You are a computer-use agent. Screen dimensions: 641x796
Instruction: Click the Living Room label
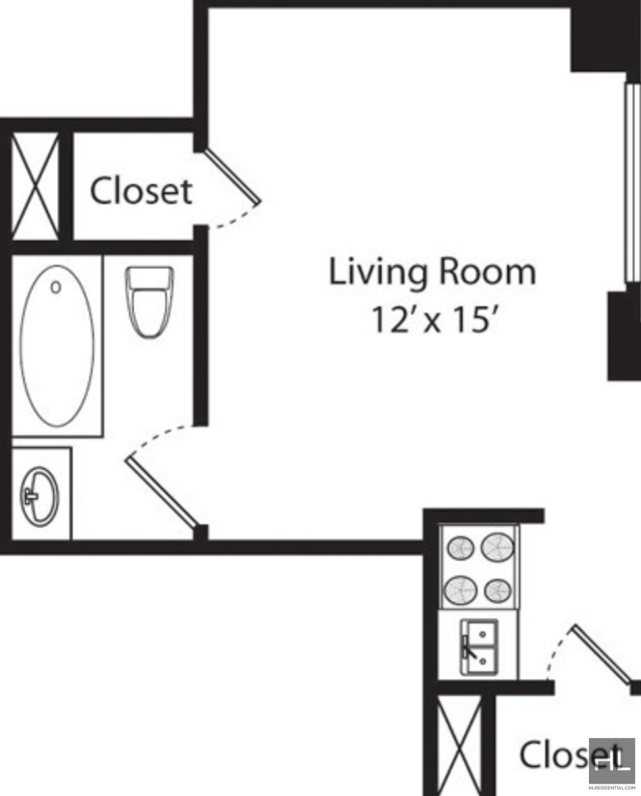[x=433, y=272]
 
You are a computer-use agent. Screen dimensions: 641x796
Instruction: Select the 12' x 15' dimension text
[x=433, y=320]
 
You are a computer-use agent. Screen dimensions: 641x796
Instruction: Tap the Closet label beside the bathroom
[x=141, y=191]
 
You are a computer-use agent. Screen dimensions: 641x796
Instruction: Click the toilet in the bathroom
[x=150, y=302]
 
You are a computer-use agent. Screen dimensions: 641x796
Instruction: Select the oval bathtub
[x=57, y=346]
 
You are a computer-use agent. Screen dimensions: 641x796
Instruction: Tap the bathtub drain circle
[x=56, y=287]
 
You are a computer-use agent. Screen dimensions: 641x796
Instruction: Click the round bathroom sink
[x=39, y=496]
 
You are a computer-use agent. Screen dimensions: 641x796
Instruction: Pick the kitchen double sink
[x=479, y=647]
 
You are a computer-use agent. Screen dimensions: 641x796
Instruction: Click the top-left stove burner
[x=460, y=548]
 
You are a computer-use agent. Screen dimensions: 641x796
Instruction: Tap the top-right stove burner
[x=498, y=546]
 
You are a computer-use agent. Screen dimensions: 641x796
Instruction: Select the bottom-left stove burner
[x=461, y=591]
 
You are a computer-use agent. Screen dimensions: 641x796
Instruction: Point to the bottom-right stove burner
[x=498, y=591]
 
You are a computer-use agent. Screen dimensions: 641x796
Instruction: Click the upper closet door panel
[x=232, y=175]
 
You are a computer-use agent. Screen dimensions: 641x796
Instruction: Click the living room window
[x=632, y=183]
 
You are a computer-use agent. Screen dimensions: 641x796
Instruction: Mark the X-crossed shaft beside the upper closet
[x=35, y=186]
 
